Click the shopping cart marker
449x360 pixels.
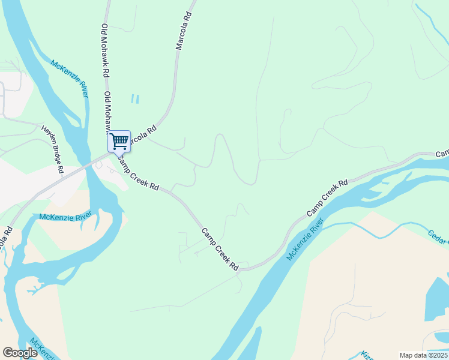119,142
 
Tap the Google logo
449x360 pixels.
20,353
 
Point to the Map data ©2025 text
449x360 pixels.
424,355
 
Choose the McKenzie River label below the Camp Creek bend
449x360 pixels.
305,239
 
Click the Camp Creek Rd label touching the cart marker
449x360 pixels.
137,173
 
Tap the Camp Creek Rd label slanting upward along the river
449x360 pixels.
327,198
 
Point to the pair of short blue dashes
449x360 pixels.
135,99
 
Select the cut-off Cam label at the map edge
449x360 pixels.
442,154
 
